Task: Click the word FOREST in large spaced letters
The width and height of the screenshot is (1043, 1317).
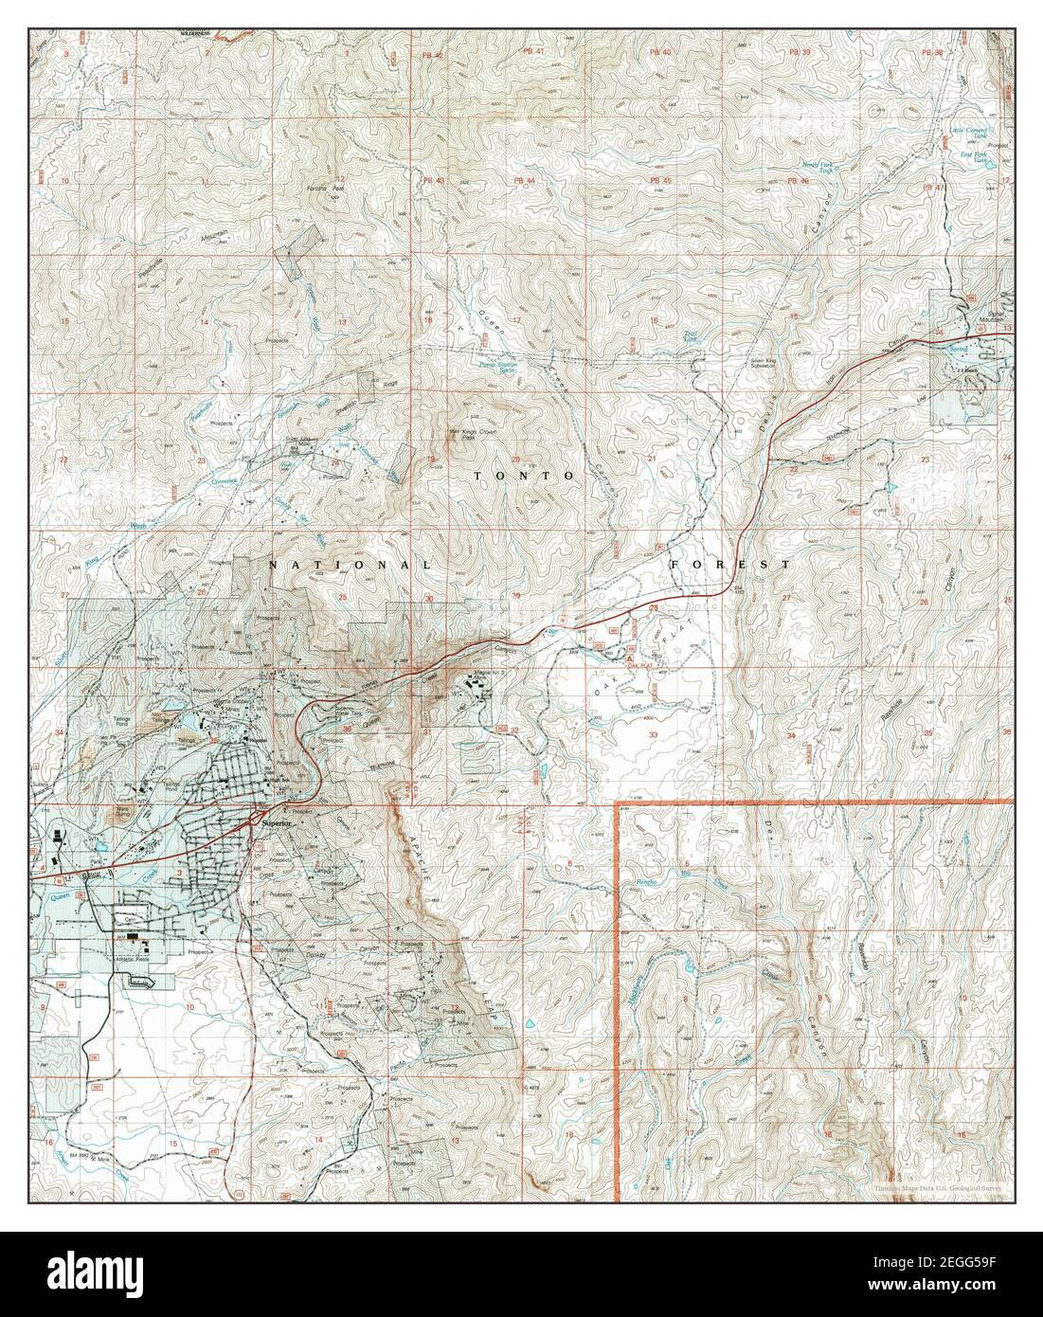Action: pos(729,564)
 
